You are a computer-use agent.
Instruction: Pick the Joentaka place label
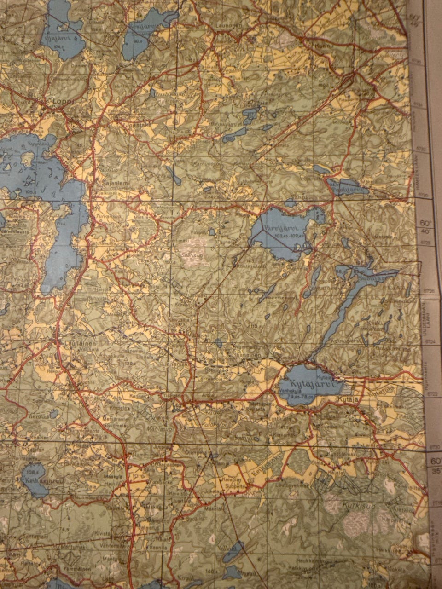pyautogui.click(x=129, y=124)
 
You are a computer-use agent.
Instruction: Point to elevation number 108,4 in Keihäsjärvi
pyautogui.click(x=31, y=472)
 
